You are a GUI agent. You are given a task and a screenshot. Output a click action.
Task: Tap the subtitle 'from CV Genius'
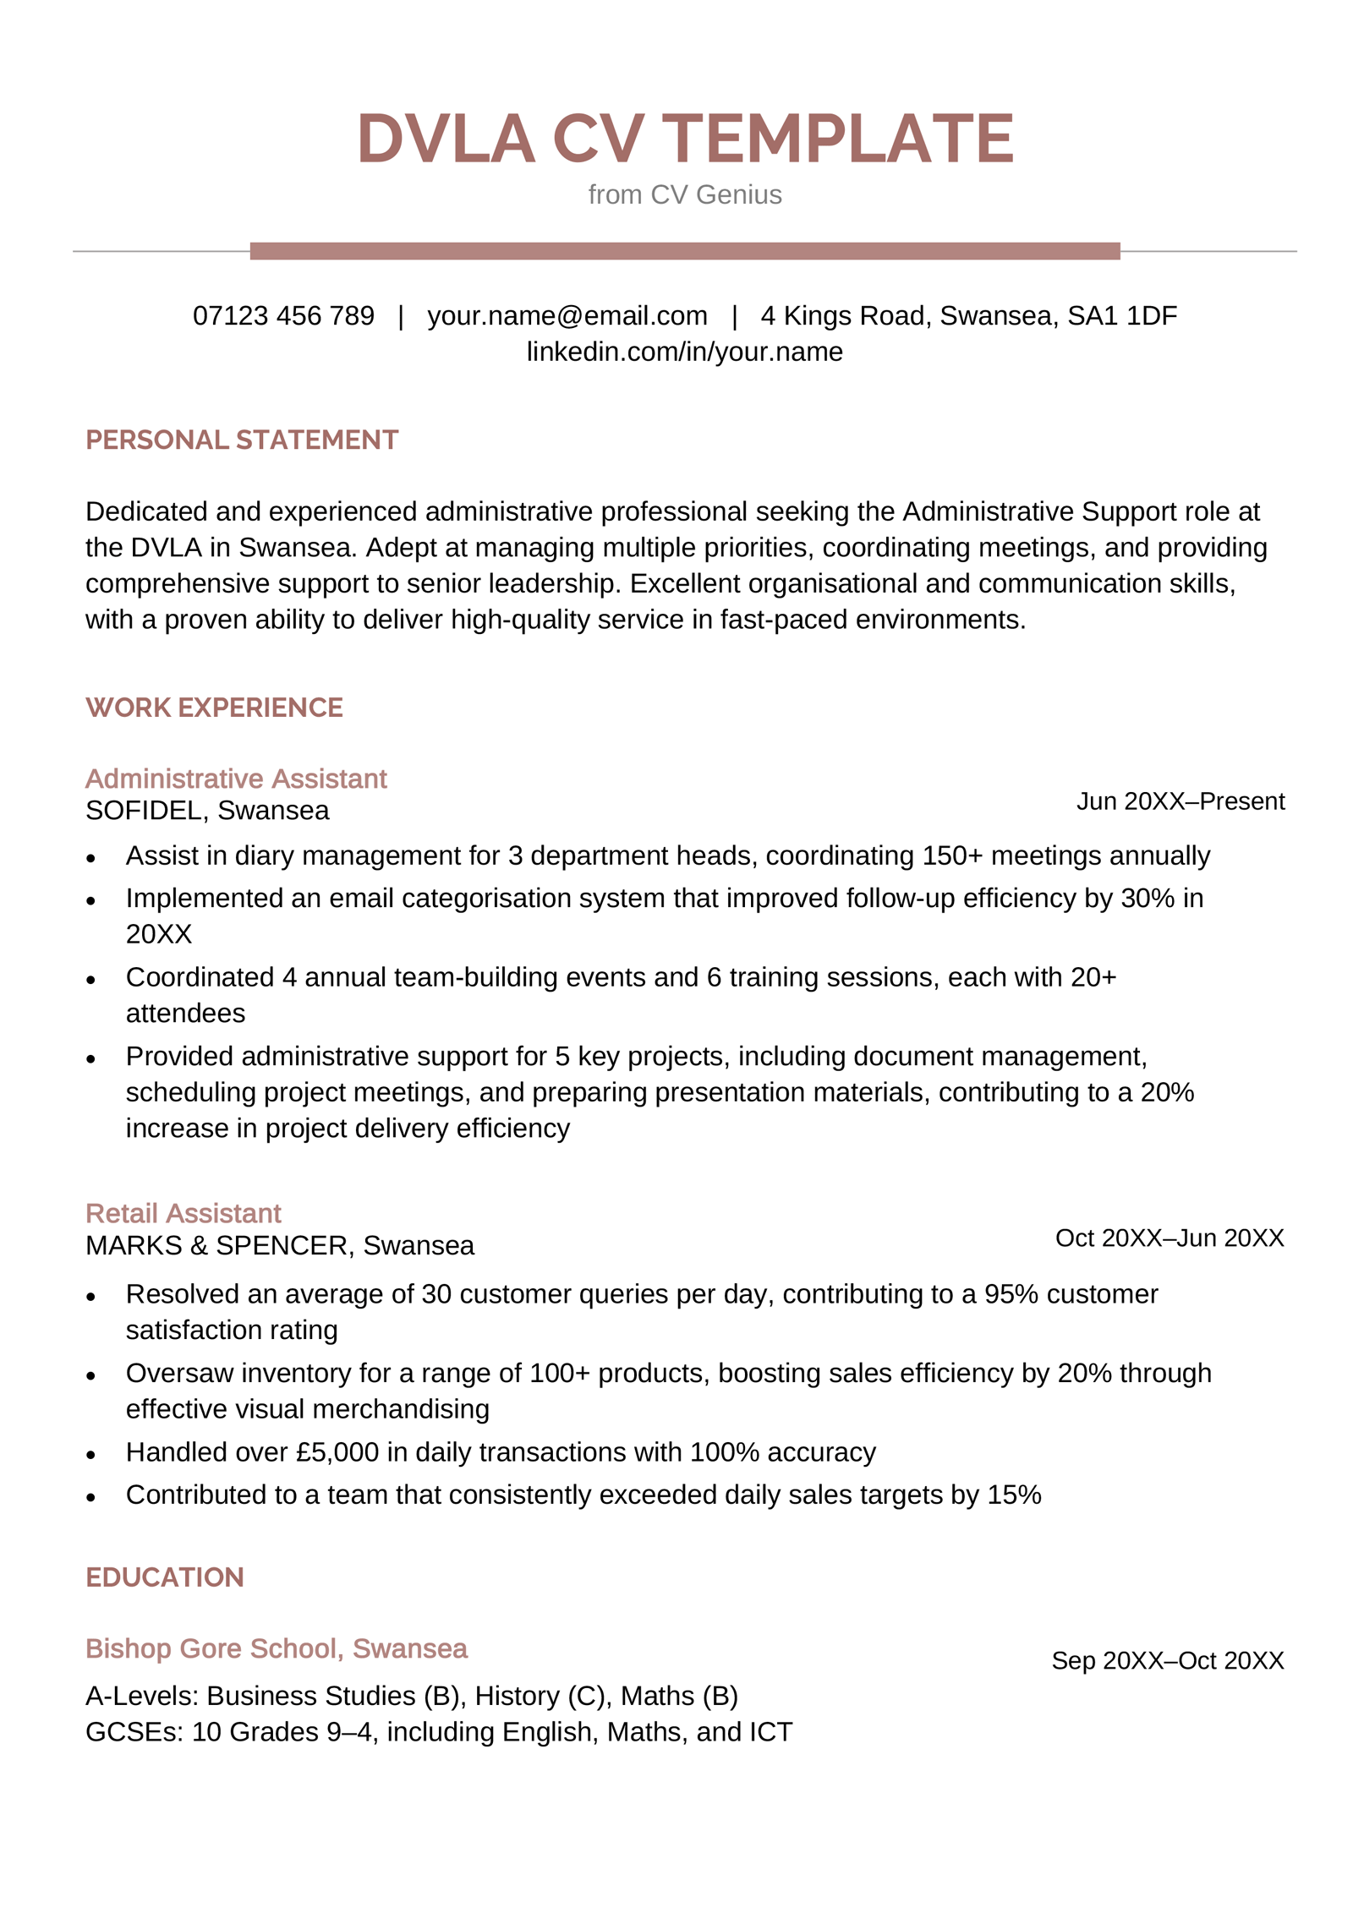tap(684, 194)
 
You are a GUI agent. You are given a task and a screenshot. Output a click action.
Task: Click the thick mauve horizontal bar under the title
tap(684, 250)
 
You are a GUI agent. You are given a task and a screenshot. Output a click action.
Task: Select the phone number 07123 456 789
tap(283, 315)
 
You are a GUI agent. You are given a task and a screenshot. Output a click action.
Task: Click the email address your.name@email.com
tap(567, 315)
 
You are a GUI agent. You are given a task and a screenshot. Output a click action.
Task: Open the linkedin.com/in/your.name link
tap(684, 352)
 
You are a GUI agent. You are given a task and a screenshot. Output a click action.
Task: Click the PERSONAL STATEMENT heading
tap(241, 440)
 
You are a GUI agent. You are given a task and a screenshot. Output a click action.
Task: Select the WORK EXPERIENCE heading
tap(214, 707)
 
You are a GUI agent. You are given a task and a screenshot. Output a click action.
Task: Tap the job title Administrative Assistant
tap(236, 778)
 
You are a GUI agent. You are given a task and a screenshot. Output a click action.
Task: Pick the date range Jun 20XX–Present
tap(1180, 801)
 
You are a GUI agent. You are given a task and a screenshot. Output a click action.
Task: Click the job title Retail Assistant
tap(183, 1213)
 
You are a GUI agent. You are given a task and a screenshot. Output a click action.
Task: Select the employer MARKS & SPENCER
tap(216, 1245)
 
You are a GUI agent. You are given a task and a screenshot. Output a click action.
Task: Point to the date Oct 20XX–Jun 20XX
tap(1169, 1238)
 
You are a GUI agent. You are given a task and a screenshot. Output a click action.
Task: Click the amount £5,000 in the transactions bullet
tap(337, 1451)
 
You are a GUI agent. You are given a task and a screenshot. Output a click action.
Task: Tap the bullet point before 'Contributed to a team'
tap(91, 1497)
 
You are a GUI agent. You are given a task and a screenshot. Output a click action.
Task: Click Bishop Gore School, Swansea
tap(276, 1648)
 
